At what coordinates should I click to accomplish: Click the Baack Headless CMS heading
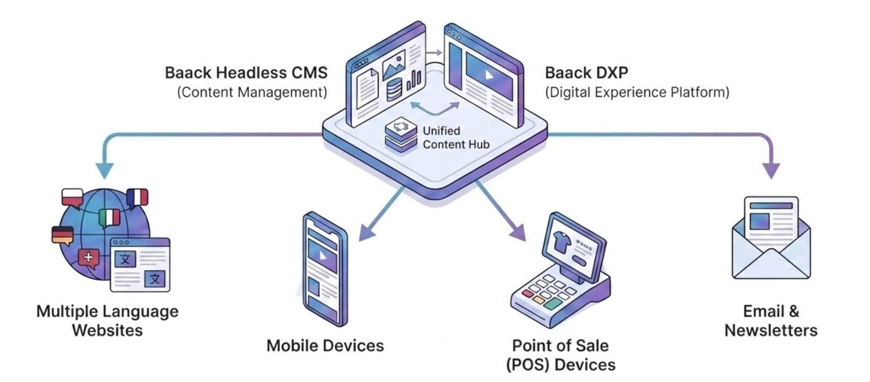(x=246, y=73)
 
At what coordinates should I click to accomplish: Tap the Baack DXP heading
(x=586, y=73)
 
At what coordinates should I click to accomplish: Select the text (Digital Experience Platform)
(x=637, y=92)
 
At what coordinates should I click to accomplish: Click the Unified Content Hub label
(x=456, y=138)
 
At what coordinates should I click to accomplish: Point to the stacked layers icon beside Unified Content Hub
(x=401, y=135)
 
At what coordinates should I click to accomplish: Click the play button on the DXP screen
(x=489, y=75)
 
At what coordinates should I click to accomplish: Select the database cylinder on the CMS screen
(x=394, y=89)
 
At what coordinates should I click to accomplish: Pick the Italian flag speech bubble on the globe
(x=109, y=218)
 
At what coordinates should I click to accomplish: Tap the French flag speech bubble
(x=137, y=198)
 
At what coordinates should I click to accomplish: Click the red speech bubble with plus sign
(x=89, y=258)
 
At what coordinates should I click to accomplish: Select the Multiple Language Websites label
(x=107, y=320)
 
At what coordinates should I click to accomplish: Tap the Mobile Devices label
(x=325, y=346)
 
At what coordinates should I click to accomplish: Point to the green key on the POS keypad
(x=553, y=304)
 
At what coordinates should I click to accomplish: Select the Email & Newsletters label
(x=771, y=320)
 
